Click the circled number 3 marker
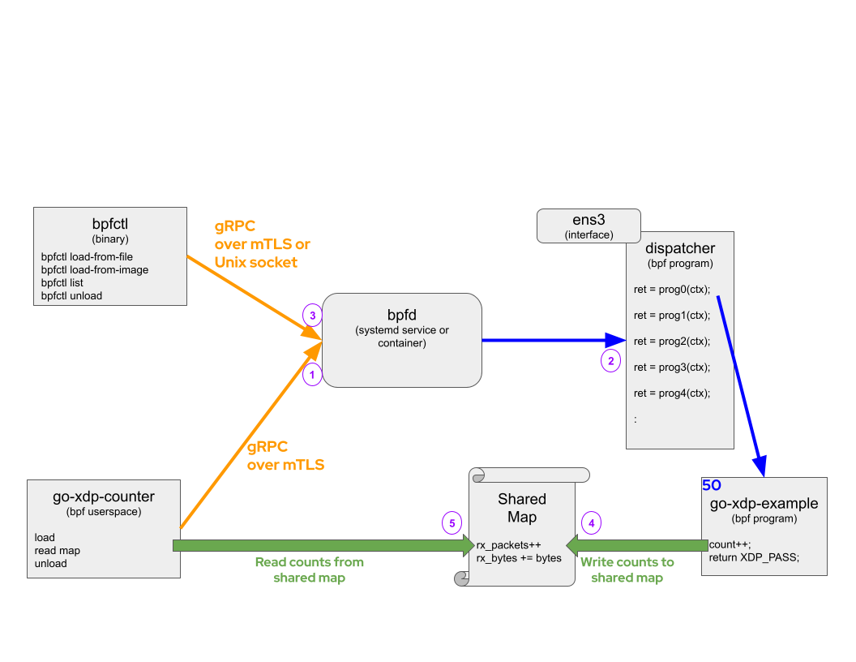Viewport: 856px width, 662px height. tap(312, 315)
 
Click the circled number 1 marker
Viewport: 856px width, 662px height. tap(312, 374)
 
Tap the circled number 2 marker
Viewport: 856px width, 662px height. tap(610, 361)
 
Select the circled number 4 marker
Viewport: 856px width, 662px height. tap(592, 523)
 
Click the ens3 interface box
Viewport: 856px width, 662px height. tap(588, 226)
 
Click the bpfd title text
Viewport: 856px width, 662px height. tap(401, 314)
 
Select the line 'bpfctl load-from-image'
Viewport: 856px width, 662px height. tap(95, 270)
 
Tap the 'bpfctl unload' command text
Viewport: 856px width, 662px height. tap(72, 296)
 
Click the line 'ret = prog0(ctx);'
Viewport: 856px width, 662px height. tap(672, 290)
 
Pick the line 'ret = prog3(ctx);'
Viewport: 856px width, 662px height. tap(672, 368)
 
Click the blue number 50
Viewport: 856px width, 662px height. tap(711, 485)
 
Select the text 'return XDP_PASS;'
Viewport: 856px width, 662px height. tap(754, 557)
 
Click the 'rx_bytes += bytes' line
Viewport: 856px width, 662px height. tap(519, 558)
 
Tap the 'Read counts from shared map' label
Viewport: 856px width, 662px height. tap(310, 570)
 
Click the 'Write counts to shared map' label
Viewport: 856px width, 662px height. tap(627, 570)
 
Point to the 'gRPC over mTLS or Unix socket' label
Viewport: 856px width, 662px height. tap(262, 243)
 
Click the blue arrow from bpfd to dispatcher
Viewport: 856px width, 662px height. tap(551, 341)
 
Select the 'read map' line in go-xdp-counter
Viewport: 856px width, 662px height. tap(58, 551)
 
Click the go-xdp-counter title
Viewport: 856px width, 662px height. tap(103, 496)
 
